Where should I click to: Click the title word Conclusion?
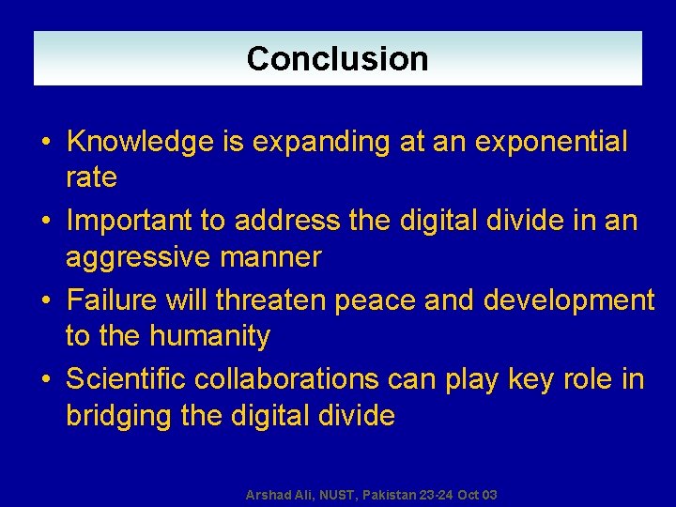[337, 59]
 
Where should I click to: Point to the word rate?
[91, 177]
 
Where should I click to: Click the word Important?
[132, 222]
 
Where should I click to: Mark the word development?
[568, 300]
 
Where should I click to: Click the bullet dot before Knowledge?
[45, 144]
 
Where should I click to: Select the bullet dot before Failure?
[45, 301]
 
